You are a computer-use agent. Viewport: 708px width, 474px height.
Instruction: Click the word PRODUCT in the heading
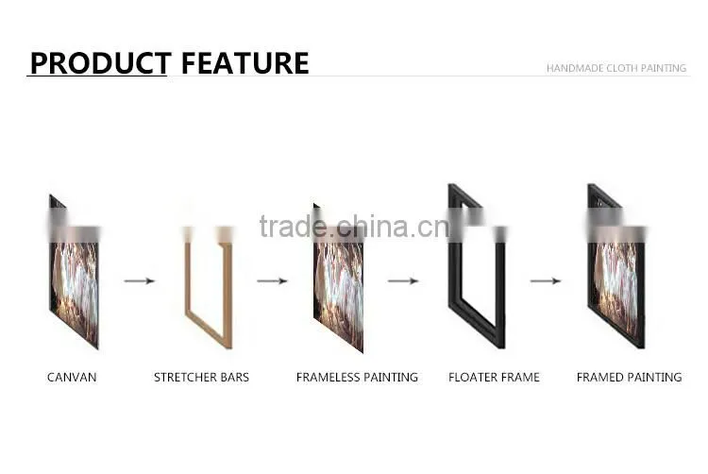[100, 62]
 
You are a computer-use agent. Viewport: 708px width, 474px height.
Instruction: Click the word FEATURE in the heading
[244, 62]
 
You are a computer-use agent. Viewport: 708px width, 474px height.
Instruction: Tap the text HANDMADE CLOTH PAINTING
[616, 68]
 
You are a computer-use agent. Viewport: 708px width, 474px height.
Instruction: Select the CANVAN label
[72, 378]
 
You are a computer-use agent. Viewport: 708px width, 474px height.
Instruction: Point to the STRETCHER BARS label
[201, 378]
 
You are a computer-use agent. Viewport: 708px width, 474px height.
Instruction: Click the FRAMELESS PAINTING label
[357, 378]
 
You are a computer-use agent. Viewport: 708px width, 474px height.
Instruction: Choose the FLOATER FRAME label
[494, 378]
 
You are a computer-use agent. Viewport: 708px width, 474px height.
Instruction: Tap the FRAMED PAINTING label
[629, 378]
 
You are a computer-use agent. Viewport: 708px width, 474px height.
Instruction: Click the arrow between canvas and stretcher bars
[140, 281]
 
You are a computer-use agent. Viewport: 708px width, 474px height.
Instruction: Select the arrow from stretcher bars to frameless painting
[272, 281]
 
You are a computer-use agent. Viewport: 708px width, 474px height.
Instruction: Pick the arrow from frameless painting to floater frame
[403, 281]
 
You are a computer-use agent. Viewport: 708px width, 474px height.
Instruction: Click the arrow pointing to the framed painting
[546, 281]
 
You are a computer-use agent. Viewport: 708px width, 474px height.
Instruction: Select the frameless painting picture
[339, 279]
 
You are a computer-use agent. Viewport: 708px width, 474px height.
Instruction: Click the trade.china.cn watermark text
[355, 227]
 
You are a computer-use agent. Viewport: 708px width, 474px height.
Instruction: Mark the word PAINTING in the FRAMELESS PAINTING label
[391, 378]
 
